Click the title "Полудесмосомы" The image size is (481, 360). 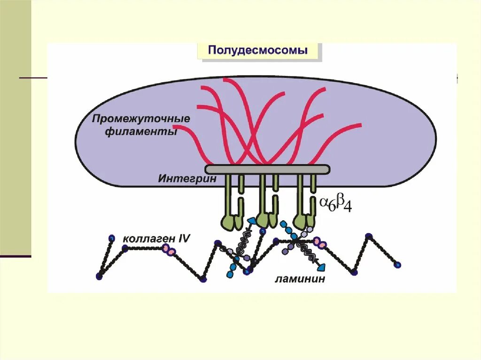258,51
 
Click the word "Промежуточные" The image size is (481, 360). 141,118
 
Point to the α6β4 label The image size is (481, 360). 336,205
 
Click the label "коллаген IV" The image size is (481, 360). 156,238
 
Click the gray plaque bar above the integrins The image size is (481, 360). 267,169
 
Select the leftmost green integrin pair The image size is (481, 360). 233,202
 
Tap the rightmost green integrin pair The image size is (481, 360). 305,202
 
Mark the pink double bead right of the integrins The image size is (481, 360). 319,243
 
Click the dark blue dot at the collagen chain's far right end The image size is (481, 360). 398,265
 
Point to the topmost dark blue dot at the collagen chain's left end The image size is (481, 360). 111,238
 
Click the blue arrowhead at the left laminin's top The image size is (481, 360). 252,221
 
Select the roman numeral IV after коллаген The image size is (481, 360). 184,238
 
